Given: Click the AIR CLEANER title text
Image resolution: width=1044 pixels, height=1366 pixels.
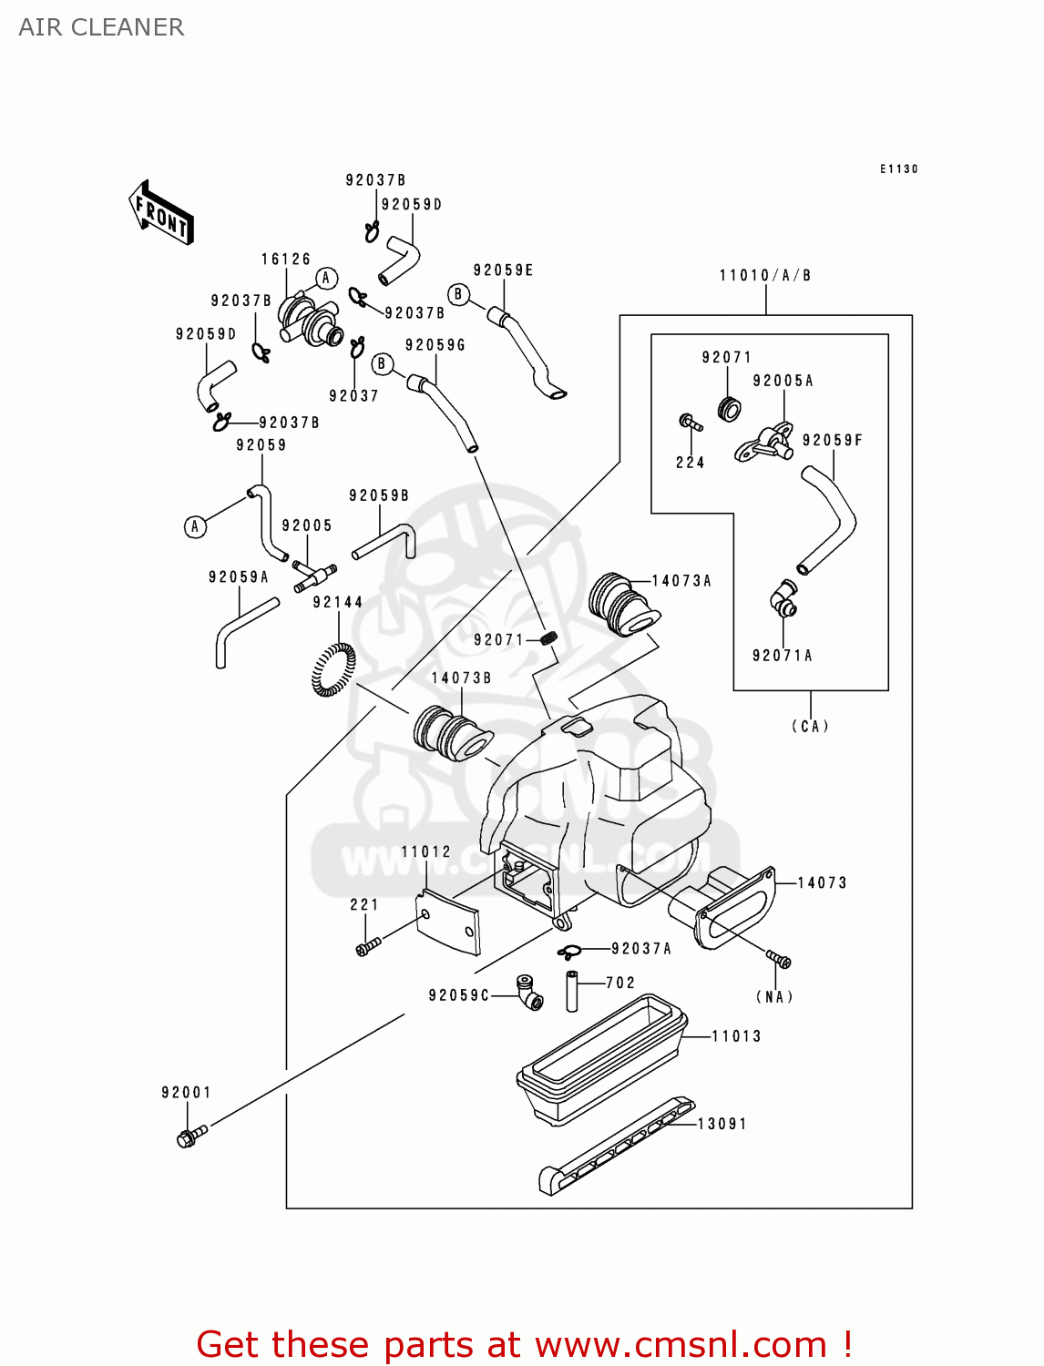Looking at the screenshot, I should [x=101, y=27].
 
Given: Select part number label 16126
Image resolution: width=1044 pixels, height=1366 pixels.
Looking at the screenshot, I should [x=286, y=260].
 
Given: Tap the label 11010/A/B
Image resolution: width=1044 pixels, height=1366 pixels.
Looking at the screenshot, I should [x=765, y=275].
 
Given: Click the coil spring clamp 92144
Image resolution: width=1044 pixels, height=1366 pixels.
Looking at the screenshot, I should [x=333, y=669].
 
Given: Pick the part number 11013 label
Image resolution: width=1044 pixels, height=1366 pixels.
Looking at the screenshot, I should [x=736, y=1036].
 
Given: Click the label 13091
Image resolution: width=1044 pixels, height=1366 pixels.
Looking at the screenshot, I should [x=722, y=1124].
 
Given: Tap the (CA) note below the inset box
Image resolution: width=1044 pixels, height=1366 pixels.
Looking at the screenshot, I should [x=810, y=726].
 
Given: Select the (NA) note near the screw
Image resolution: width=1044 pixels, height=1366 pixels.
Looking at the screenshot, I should [x=774, y=996].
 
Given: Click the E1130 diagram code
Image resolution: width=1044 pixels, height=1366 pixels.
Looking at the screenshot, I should [x=899, y=169].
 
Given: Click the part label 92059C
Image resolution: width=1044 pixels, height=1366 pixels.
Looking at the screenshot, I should [x=459, y=995].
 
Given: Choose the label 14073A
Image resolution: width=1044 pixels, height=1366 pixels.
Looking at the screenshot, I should [x=681, y=581].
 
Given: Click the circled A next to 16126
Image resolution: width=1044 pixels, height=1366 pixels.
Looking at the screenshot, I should [x=326, y=279].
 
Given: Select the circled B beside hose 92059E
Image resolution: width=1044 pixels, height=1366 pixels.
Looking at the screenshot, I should [x=459, y=294].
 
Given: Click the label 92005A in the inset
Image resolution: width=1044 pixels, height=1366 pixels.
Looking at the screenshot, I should [x=783, y=381].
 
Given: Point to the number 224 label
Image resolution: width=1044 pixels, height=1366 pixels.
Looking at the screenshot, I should [x=690, y=463].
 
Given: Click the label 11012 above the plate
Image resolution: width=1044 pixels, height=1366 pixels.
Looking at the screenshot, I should [x=425, y=852].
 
